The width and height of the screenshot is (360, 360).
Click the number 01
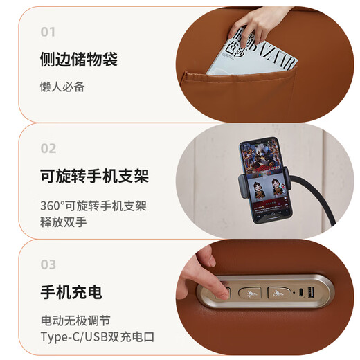(x=48, y=32)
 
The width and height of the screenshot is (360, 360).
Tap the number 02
(x=48, y=148)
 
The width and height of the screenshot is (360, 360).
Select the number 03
(x=48, y=264)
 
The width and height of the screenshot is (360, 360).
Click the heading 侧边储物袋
(x=79, y=60)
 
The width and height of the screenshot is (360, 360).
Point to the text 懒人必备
(x=62, y=87)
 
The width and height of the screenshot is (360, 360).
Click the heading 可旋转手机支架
(x=94, y=176)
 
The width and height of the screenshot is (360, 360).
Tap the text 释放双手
(x=63, y=222)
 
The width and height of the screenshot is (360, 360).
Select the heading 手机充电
(x=71, y=292)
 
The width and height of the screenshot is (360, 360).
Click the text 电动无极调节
(x=75, y=321)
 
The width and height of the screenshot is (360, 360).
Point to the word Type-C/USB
(x=74, y=337)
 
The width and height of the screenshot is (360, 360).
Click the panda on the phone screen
(x=263, y=154)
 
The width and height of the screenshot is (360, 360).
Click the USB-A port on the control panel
(x=311, y=292)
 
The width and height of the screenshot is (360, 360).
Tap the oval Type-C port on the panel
(x=301, y=293)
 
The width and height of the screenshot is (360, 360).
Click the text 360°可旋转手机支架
(x=93, y=206)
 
